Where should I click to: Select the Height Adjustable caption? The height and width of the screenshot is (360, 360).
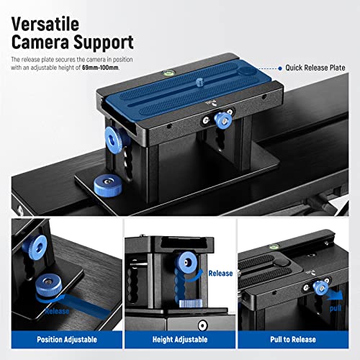pos(179,338)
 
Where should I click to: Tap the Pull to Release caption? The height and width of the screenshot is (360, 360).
pos(297,338)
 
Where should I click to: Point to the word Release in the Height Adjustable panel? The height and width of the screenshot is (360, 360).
pos(220,273)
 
